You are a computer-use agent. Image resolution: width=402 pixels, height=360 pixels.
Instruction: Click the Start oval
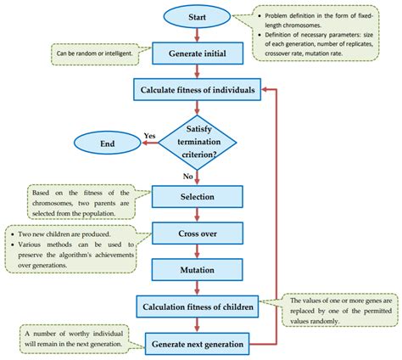(x=198, y=16)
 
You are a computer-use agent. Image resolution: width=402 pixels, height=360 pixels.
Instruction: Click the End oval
(x=108, y=144)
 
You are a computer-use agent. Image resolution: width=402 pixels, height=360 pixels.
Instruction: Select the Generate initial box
(x=198, y=53)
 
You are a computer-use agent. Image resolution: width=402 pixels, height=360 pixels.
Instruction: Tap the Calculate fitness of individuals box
(x=198, y=89)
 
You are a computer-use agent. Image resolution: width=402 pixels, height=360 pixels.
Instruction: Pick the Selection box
(x=198, y=197)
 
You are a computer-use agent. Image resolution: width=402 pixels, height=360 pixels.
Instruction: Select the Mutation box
(x=198, y=269)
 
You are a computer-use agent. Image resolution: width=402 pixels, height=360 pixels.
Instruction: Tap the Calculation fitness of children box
(x=198, y=306)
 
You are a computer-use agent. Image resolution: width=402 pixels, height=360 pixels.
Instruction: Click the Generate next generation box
(x=198, y=343)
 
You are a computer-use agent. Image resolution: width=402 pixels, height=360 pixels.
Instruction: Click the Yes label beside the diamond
(x=149, y=135)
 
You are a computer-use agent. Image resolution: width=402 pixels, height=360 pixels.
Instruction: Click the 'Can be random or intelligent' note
(x=92, y=53)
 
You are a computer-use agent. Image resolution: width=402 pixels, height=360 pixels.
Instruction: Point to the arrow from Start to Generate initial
(x=198, y=34)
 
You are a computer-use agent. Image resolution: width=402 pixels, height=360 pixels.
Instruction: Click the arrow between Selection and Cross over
(x=198, y=215)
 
